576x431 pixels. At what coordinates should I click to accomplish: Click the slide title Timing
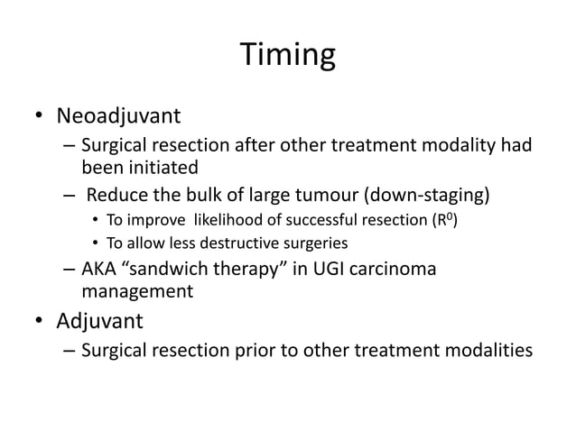tap(288, 57)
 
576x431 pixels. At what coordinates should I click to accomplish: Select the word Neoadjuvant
tap(119, 116)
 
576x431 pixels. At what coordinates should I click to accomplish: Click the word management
tap(137, 291)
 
